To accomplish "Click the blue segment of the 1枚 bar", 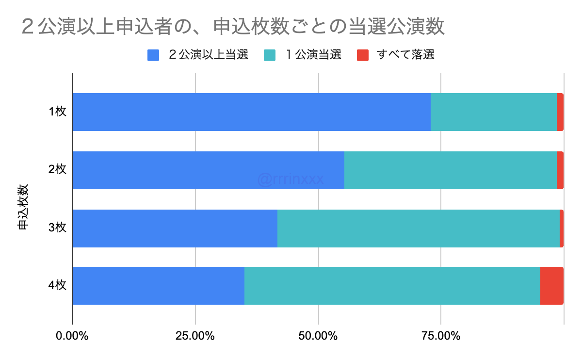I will [251, 112].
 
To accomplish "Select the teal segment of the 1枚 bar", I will [493, 112].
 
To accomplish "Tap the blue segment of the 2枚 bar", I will [208, 170].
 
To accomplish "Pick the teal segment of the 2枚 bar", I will [450, 170].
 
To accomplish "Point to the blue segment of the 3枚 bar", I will [175, 228].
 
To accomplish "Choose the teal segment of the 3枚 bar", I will [418, 228].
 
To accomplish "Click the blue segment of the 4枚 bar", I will [158, 286].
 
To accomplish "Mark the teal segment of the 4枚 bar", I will [392, 286].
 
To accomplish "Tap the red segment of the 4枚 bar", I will [551, 286].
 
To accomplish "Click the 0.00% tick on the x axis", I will [72, 336].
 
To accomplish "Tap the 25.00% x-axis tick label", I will [195, 336].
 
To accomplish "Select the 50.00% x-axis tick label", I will [318, 336].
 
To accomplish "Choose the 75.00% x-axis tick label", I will [441, 336].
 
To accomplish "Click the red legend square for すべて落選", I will [363, 55].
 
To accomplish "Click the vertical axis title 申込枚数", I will [23, 206].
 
